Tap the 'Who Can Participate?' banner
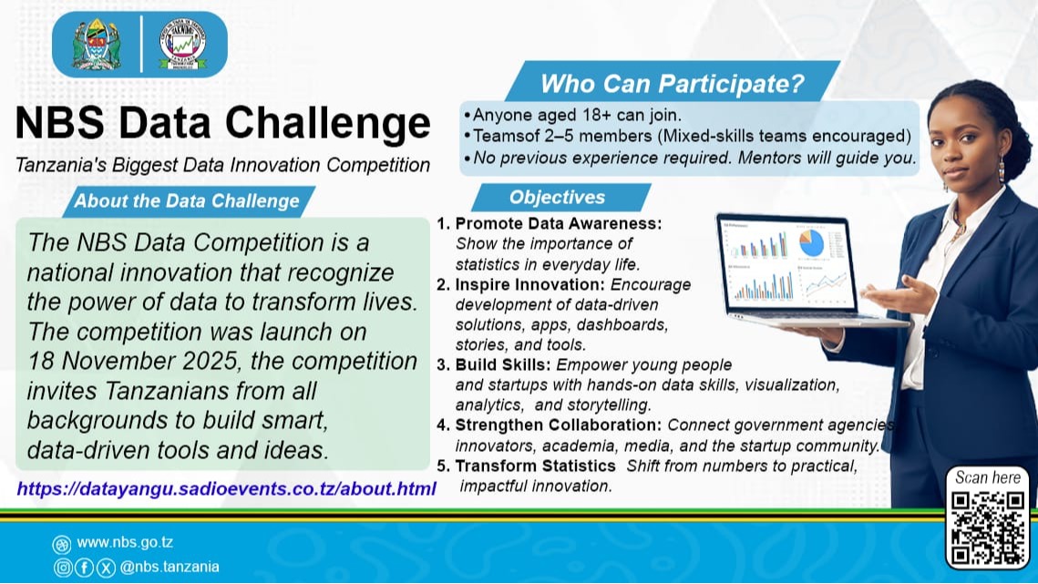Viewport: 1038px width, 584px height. [672, 85]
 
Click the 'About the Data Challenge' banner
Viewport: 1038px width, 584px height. [187, 201]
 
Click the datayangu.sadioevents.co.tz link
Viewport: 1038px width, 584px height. [227, 489]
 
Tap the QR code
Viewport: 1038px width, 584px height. [988, 528]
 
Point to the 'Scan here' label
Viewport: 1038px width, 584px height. [987, 477]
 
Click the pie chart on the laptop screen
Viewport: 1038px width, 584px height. [810, 241]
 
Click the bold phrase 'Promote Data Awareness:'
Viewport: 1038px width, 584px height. [558, 224]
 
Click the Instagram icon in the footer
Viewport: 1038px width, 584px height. [62, 567]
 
